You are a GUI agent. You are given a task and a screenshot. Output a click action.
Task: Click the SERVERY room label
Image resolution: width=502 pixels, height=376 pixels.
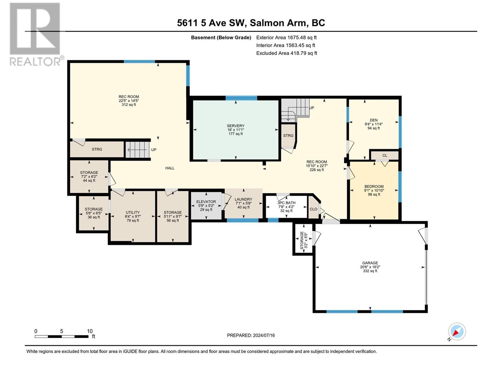point(236,126)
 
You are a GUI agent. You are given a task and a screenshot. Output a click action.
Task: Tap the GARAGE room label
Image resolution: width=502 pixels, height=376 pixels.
point(370,263)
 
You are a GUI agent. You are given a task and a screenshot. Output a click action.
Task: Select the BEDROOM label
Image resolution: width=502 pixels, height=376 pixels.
point(374,186)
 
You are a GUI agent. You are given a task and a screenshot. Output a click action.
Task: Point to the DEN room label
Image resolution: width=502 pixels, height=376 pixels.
point(373,120)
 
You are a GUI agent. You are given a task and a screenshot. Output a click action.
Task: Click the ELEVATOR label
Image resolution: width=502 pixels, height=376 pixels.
point(206,201)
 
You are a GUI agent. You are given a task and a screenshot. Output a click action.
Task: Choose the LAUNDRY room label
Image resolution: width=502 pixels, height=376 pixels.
point(243,199)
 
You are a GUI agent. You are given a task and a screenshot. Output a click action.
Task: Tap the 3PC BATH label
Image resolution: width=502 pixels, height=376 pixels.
point(286,203)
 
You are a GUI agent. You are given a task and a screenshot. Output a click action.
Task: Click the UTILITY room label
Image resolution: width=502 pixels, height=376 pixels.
point(133,212)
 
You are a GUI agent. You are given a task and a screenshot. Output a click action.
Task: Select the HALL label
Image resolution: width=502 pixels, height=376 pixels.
point(170,168)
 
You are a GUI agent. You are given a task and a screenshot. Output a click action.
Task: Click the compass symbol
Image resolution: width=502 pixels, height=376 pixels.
point(457,332)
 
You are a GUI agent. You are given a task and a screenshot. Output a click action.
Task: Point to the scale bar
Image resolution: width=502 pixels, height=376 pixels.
point(61,337)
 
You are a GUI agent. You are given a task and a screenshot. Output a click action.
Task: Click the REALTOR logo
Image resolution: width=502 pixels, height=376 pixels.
point(36,35)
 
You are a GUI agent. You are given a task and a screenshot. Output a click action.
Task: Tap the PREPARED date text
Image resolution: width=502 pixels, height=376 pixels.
point(251,335)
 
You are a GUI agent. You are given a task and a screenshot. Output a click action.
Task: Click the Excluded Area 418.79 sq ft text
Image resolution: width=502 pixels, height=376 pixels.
point(286,53)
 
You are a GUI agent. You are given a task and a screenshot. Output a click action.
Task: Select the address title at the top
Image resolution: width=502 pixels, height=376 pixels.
point(251,23)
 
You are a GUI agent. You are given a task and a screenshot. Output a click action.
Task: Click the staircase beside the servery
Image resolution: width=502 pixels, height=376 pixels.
point(295,110)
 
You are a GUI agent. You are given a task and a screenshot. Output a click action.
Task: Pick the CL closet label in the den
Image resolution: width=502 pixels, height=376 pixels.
point(385,155)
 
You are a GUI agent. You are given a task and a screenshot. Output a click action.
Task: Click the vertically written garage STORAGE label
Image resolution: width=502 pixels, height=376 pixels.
point(302,240)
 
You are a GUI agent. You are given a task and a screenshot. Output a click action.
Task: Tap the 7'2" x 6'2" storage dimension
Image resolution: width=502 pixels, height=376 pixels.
point(89,176)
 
